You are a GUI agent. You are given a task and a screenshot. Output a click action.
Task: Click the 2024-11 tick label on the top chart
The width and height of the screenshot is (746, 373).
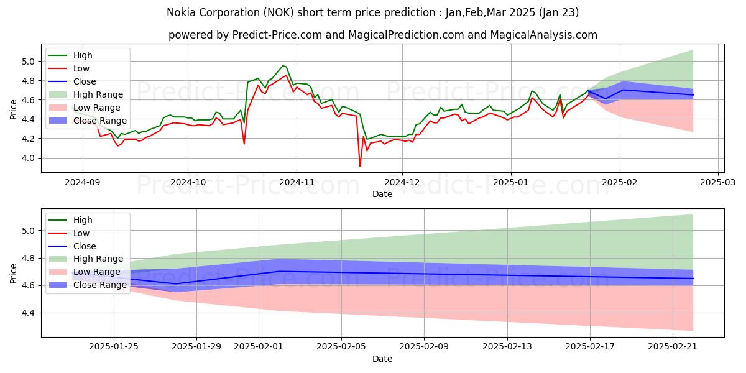coord(296,183)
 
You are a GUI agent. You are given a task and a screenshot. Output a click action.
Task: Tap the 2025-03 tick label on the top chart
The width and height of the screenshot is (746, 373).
coord(718,183)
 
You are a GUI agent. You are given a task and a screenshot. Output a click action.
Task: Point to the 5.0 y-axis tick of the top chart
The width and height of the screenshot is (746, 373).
coord(29,62)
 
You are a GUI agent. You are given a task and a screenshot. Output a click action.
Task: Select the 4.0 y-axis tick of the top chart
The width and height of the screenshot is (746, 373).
coord(29,158)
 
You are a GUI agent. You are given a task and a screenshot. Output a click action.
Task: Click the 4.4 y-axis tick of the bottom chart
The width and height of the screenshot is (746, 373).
coord(29,313)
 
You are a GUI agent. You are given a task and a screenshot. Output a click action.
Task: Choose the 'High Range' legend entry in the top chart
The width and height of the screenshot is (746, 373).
coord(98,94)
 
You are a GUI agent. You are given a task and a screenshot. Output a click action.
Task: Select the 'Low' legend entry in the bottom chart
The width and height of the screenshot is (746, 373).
coord(81,233)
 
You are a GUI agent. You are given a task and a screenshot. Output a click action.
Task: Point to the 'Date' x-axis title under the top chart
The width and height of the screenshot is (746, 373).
coord(382,194)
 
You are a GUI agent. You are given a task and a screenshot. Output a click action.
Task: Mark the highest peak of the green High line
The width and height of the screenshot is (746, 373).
coord(283,65)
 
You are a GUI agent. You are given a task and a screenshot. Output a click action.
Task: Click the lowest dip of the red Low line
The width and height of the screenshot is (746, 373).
coord(360,166)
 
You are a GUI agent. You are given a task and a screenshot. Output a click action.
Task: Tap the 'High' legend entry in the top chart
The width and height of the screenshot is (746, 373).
coord(82,55)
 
